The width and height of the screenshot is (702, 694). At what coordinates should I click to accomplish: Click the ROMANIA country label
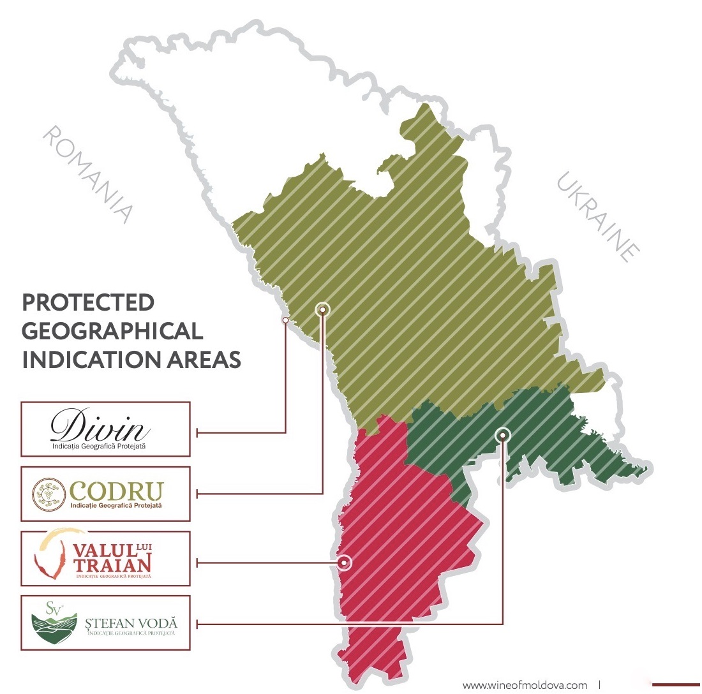pos(89,174)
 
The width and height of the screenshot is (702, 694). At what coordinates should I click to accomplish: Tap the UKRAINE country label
pos(598,216)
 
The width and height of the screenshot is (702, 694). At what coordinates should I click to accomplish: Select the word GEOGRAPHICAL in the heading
pos(112,330)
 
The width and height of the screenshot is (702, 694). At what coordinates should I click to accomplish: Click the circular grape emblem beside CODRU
pos(50,494)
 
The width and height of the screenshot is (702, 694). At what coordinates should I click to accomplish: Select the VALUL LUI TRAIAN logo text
pos(112,557)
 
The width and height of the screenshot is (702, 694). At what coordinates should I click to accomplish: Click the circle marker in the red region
pos(345,563)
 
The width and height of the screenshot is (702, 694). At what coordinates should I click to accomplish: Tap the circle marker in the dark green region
pos(503,434)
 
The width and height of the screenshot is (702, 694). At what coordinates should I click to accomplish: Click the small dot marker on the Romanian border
pos(285,320)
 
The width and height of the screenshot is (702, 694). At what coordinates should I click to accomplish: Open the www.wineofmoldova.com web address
pos(525,685)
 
